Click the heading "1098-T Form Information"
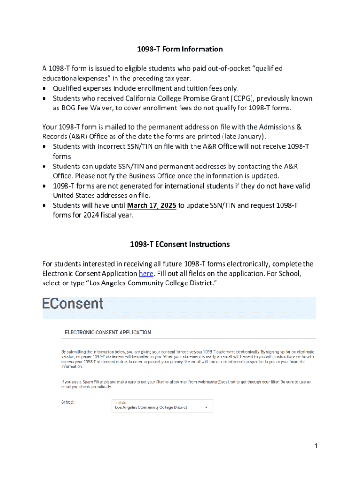point(180,49)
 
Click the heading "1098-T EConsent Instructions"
point(180,244)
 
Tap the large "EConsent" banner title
point(73,304)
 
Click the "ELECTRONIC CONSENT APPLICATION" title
point(108,333)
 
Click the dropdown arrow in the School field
point(206,407)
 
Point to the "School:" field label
point(68,402)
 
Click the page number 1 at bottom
point(316,446)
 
